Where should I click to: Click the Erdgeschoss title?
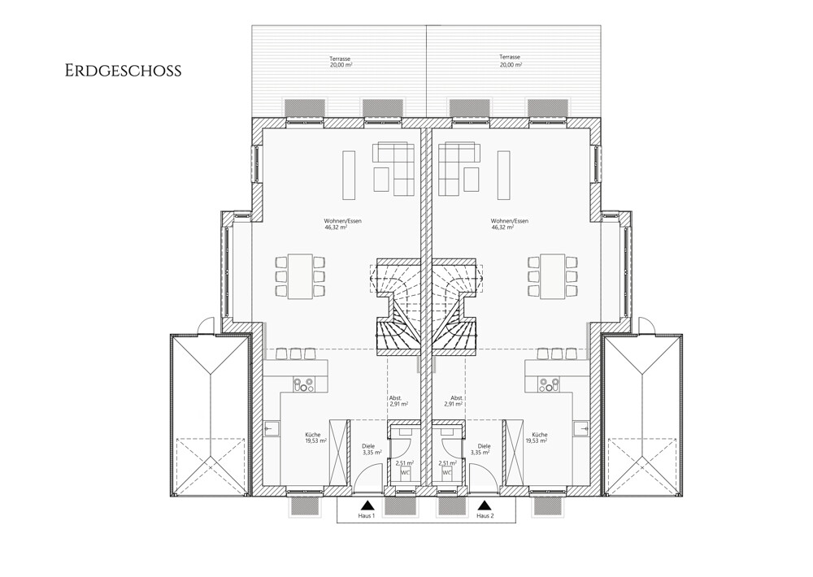[124, 71]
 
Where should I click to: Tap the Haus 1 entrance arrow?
[367, 505]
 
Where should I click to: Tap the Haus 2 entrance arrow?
[485, 505]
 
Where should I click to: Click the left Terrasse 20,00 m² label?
[340, 61]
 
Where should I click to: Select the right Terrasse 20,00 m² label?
[510, 61]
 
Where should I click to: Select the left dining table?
[300, 275]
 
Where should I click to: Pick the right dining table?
[552, 275]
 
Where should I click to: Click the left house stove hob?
[304, 384]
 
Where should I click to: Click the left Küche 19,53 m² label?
[315, 438]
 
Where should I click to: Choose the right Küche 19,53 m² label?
[537, 438]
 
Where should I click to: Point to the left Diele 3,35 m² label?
[372, 449]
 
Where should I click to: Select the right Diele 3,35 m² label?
[480, 449]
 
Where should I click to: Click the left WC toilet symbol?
[405, 473]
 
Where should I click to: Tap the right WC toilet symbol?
[447, 473]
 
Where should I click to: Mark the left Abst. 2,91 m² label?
[398, 400]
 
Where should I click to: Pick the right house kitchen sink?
[582, 429]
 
